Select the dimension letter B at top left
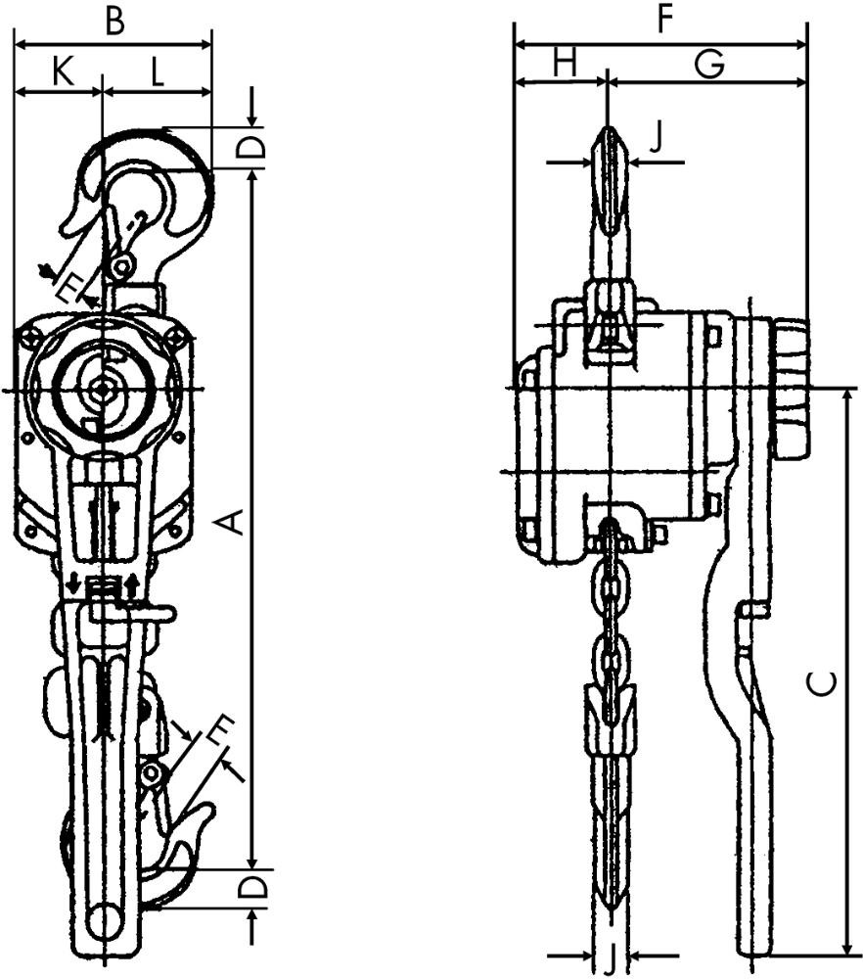114,21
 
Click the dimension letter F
665,20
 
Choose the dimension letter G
709,65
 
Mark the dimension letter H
565,63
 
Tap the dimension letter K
63,70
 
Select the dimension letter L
157,71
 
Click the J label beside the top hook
656,138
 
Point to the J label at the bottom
612,961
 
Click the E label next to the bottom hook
220,731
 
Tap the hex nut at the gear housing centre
101,391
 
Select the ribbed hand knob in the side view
795,389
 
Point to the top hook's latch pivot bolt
122,267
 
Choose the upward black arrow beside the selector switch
132,586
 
